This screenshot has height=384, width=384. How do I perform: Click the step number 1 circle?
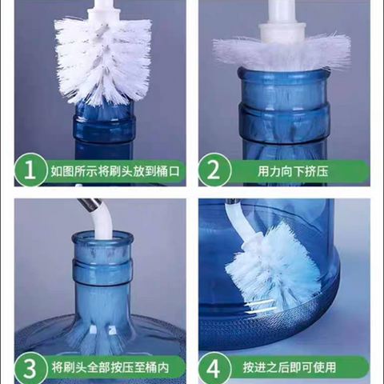30,170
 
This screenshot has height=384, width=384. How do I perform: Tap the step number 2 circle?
214,170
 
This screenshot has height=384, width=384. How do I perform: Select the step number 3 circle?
30,367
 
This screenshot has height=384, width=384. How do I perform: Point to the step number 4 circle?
214,367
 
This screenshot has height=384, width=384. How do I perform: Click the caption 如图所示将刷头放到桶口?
115,171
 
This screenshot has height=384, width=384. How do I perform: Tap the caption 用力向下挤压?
293,171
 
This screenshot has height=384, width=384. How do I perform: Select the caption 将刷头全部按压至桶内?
110,367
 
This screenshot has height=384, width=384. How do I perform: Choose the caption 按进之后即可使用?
290,367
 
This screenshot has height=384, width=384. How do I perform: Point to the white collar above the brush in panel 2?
282,30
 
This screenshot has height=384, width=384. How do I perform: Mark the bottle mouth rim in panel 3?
102,238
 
